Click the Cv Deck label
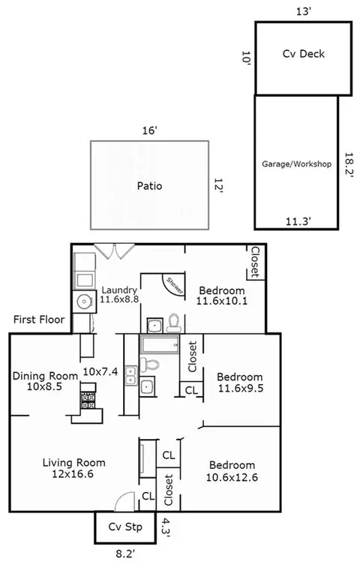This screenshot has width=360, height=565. pyautogui.click(x=304, y=54)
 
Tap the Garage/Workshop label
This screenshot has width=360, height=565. pyautogui.click(x=297, y=164)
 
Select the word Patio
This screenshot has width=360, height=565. pyautogui.click(x=149, y=186)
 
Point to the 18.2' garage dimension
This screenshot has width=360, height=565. pyautogui.click(x=348, y=164)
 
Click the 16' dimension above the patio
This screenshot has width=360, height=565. pyautogui.click(x=149, y=131)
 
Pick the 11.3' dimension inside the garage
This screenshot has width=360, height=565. pyautogui.click(x=298, y=221)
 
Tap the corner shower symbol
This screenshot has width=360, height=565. pyautogui.click(x=174, y=285)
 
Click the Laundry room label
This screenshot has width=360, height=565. pyautogui.click(x=119, y=290)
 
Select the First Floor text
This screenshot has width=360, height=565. pyautogui.click(x=39, y=319)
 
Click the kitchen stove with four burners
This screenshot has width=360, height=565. pyautogui.click(x=88, y=400)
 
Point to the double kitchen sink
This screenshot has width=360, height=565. pyautogui.click(x=131, y=375)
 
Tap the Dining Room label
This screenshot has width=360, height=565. pyautogui.click(x=45, y=376)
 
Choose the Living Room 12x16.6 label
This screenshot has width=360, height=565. pyautogui.click(x=73, y=468)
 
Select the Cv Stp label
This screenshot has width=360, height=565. pyautogui.click(x=125, y=527)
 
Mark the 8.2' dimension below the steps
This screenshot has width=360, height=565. pyautogui.click(x=125, y=554)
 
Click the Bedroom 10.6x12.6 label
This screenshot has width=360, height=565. pyautogui.click(x=232, y=471)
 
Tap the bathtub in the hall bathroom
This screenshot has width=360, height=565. pyautogui.click(x=160, y=344)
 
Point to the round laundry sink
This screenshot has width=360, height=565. pyautogui.click(x=84, y=302)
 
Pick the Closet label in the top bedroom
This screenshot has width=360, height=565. pyautogui.click(x=255, y=262)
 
